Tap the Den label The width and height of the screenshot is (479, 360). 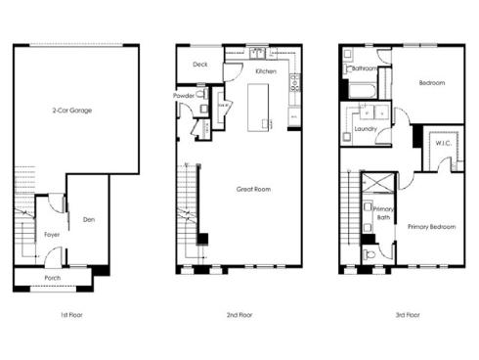tap(88, 219)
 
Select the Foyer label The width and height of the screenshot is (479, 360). tap(52, 235)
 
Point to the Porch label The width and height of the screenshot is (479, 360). tap(52, 278)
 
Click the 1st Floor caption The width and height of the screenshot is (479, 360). tap(59, 315)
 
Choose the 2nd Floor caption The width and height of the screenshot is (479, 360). tap(239, 315)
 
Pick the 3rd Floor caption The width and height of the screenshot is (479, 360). tap(407, 315)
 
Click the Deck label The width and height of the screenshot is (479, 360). tap(200, 65)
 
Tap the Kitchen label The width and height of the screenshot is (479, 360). tap(266, 71)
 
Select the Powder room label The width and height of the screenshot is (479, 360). tap(184, 96)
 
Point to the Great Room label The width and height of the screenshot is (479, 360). tap(252, 189)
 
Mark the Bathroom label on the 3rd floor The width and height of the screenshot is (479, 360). tap(365, 68)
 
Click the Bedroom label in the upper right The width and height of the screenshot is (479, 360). tap(432, 83)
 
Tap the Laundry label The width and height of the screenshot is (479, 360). tap(367, 128)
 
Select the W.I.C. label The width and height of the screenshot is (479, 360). tap(442, 144)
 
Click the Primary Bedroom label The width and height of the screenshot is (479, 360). tap(432, 227)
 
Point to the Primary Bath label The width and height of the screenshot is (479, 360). tap(382, 213)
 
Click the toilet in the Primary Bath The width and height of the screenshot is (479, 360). tap(370, 255)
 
